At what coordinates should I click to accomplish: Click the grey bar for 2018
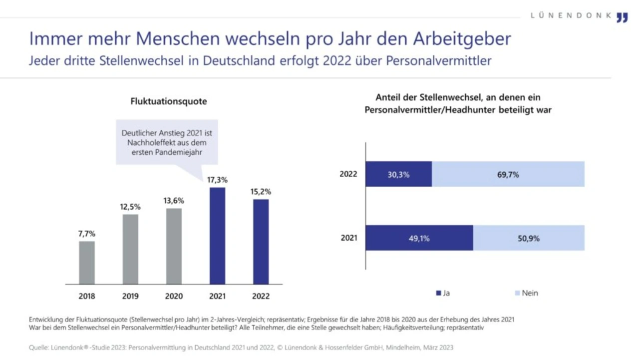point(87,263)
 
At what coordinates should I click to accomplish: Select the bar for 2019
point(130,249)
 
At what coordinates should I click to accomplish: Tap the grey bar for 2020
point(174,246)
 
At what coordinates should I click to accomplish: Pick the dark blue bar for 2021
point(217,236)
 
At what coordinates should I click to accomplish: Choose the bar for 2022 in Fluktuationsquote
point(261,242)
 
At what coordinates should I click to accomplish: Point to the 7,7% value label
point(86,233)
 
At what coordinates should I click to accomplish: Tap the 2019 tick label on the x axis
point(130,296)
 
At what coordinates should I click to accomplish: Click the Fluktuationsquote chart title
point(169,101)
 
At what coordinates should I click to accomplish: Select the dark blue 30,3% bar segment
point(398,174)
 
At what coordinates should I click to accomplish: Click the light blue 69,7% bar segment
point(508,174)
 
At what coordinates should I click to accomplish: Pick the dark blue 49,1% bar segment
point(419,238)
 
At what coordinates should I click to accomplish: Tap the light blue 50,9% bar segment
point(528,238)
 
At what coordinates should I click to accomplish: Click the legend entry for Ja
point(443,293)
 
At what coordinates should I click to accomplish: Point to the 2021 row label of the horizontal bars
point(349,238)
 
